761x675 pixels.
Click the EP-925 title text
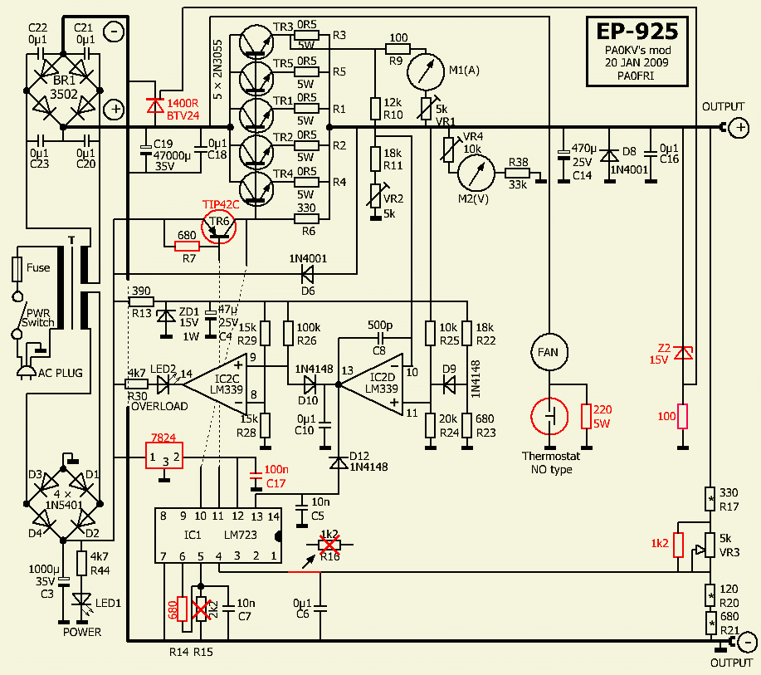(637, 32)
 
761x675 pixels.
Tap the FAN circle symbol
(548, 353)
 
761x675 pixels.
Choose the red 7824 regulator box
(164, 456)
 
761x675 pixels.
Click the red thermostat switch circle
(549, 418)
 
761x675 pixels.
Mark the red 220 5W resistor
(586, 418)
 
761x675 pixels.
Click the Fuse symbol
(17, 269)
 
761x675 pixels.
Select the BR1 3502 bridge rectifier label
(62, 89)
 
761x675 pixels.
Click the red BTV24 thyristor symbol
(154, 105)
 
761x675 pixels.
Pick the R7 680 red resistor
(187, 246)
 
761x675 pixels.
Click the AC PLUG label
(58, 374)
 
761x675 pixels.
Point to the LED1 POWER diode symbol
(81, 599)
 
